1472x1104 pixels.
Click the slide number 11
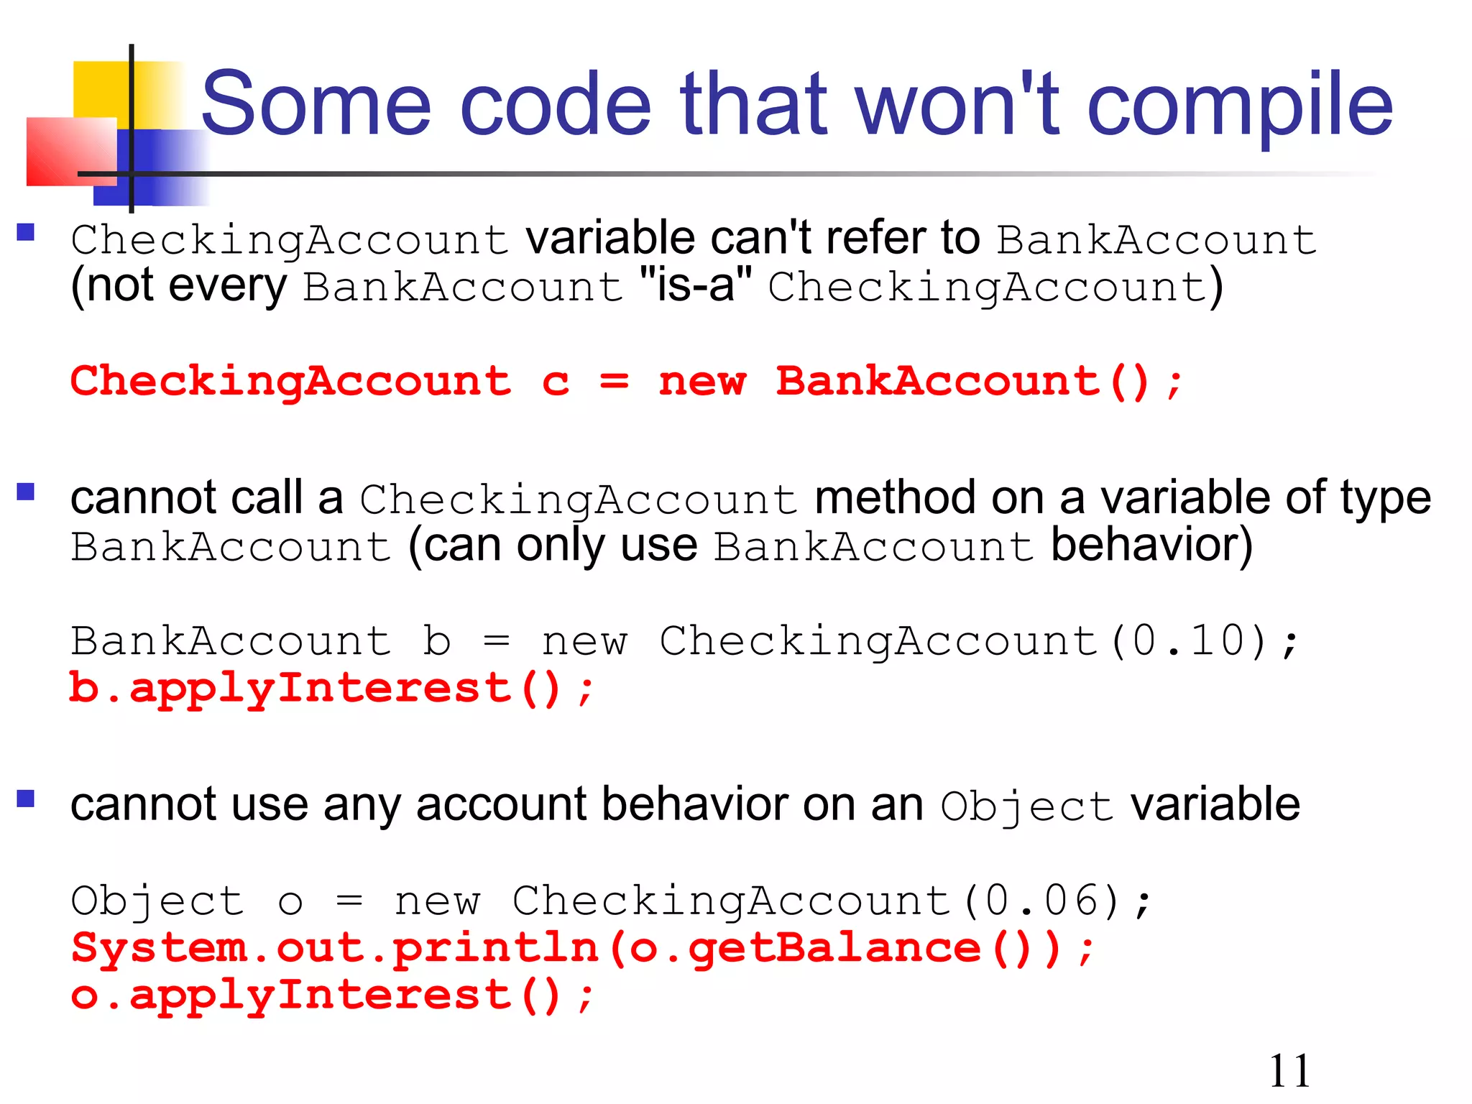(x=1289, y=1071)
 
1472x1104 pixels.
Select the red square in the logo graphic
(x=70, y=151)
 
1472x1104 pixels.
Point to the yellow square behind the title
(x=101, y=90)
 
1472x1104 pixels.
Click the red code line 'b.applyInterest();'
(x=331, y=689)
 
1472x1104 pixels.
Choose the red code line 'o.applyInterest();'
(x=331, y=996)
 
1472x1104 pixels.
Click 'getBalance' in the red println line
(x=834, y=949)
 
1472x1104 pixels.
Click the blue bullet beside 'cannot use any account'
(x=26, y=799)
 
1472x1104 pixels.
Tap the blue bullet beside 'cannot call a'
(x=26, y=492)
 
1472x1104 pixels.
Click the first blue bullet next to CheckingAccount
(x=26, y=231)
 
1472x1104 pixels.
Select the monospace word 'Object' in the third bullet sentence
(x=1026, y=806)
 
